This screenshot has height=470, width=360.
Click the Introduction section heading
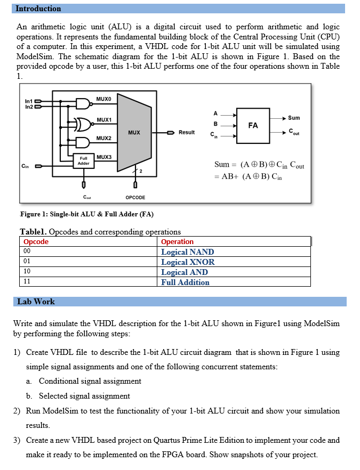[x=38, y=9]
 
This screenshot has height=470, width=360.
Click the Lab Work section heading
[x=36, y=302]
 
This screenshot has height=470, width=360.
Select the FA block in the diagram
[x=253, y=125]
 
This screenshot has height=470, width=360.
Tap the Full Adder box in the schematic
[x=84, y=161]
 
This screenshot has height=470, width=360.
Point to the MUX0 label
[x=104, y=99]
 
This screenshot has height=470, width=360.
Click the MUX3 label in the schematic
[x=105, y=157]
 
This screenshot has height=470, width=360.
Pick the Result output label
[x=187, y=132]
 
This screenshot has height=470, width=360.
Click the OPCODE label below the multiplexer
[x=135, y=198]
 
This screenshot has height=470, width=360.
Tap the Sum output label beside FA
[x=294, y=118]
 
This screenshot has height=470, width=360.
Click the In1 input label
[x=29, y=101]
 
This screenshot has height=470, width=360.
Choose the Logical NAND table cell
[x=188, y=252]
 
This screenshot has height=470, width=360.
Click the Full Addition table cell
[x=186, y=282]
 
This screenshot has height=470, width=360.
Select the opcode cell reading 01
[x=27, y=262]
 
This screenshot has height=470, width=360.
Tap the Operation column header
[x=178, y=242]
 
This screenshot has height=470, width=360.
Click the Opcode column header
[x=36, y=242]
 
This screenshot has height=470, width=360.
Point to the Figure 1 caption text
[x=86, y=214]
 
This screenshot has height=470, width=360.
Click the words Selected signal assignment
[x=84, y=396]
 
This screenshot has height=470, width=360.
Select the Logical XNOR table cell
[x=188, y=262]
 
